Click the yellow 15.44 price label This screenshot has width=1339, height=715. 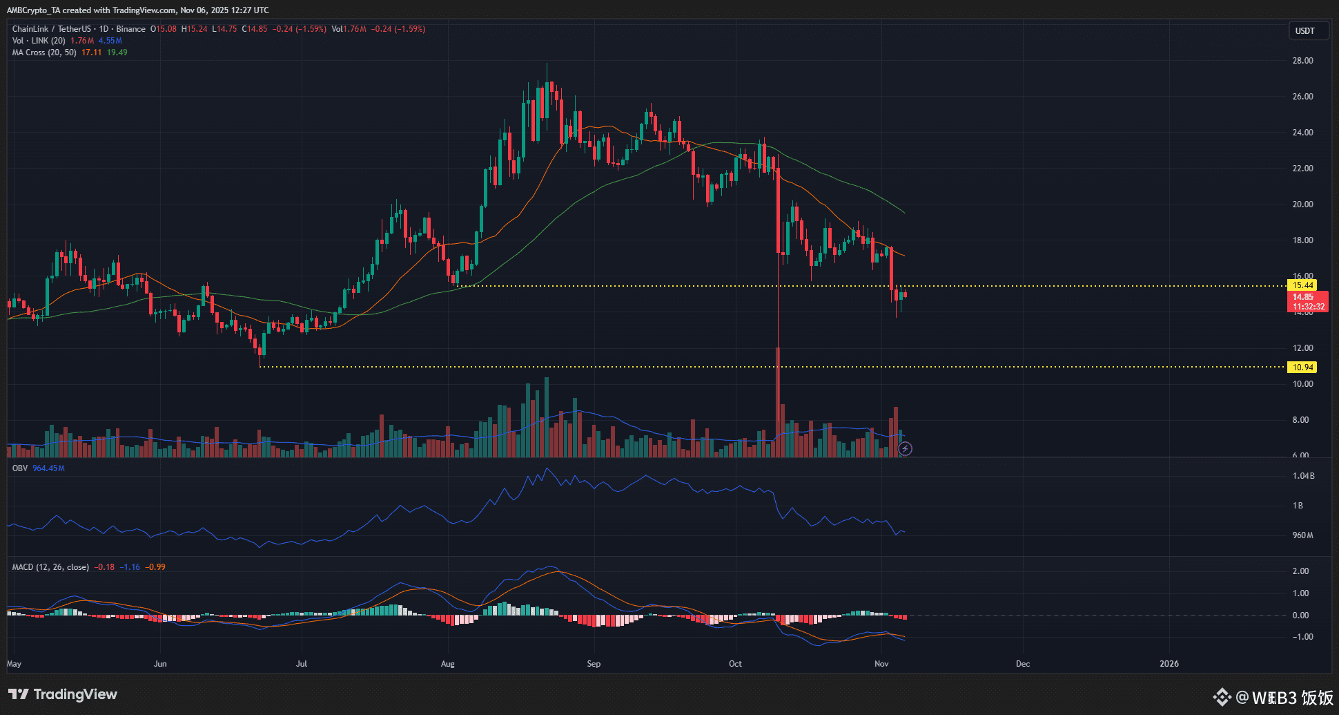pyautogui.click(x=1302, y=285)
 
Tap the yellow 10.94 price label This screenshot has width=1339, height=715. pyautogui.click(x=1302, y=368)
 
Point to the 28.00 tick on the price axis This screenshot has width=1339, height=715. pyautogui.click(x=1302, y=61)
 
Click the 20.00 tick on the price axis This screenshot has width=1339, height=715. pyautogui.click(x=1302, y=204)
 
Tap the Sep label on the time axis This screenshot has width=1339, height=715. pyautogui.click(x=594, y=664)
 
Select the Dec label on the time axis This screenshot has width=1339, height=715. pyautogui.click(x=1023, y=664)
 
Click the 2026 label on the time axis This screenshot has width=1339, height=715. pyautogui.click(x=1169, y=664)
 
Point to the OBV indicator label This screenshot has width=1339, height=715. pyautogui.click(x=20, y=468)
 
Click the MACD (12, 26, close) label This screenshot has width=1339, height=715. pyautogui.click(x=50, y=567)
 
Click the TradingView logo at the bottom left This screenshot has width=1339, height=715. pyautogui.click(x=63, y=694)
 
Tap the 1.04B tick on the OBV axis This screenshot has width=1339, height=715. pyautogui.click(x=1303, y=476)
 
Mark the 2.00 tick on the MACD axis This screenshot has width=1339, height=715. pyautogui.click(x=1300, y=571)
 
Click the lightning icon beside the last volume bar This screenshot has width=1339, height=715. pyautogui.click(x=905, y=449)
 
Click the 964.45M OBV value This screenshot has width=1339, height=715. pyautogui.click(x=48, y=468)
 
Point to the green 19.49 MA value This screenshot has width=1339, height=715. pyautogui.click(x=117, y=53)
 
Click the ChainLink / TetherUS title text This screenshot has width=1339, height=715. pyautogui.click(x=52, y=29)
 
